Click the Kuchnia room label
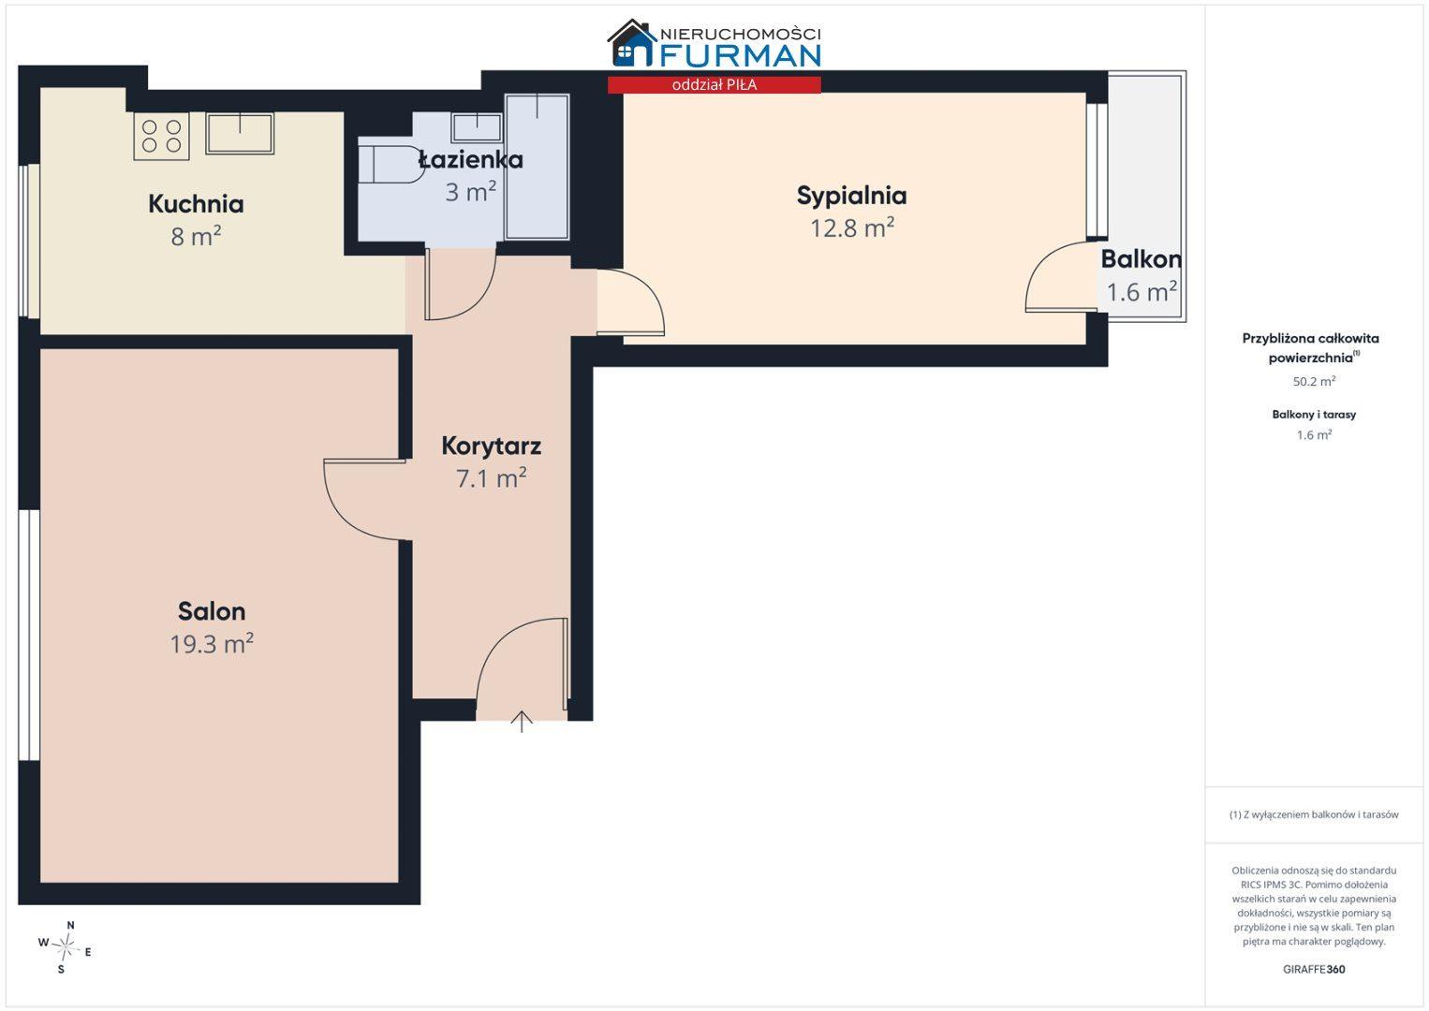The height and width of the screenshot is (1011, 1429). pos(196,204)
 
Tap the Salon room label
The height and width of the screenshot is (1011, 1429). pos(211,611)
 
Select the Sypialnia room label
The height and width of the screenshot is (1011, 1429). pos(851,196)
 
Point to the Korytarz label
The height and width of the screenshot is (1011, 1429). pos(492,446)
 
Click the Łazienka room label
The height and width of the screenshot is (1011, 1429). pos(471,159)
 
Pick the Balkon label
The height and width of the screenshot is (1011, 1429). pos(1142,259)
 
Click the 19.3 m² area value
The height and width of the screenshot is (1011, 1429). pos(211,644)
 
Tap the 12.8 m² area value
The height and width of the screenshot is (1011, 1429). pos(851,227)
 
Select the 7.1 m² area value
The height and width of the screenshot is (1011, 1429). pos(492,477)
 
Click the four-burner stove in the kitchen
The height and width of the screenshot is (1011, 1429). pos(161,136)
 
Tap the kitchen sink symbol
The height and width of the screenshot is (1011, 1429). pos(240,133)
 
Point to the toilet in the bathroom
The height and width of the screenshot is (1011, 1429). pos(390,165)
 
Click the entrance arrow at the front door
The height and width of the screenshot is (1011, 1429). pos(522,722)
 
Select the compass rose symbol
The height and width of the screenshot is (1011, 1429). pos(65,946)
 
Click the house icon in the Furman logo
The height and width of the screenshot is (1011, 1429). pos(631,43)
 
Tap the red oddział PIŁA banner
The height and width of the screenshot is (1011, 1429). pos(714,85)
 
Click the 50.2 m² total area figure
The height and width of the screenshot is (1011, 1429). pos(1314,381)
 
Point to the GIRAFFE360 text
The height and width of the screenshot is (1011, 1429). pos(1314,969)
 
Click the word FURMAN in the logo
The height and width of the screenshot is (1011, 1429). pos(740,55)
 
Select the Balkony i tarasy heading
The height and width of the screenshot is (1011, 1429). pos(1314,415)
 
